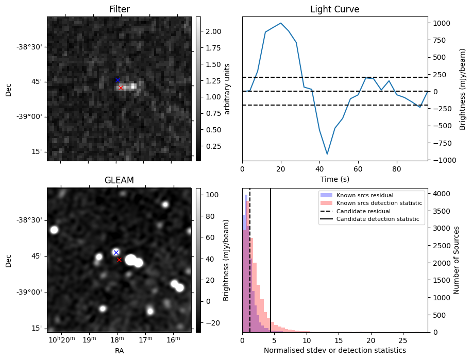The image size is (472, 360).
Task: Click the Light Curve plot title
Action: point(334,9)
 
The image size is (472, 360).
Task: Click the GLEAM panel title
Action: point(119,180)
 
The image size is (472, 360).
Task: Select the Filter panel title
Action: point(119,9)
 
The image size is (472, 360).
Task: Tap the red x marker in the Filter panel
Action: point(121,88)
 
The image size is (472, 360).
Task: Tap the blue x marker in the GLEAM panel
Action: point(116,252)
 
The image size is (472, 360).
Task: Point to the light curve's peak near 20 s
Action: point(281,23)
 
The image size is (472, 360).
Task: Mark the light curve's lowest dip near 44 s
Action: point(327,153)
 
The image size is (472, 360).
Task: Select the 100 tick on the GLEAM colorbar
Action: point(211,195)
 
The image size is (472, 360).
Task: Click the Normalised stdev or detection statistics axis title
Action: point(334,350)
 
